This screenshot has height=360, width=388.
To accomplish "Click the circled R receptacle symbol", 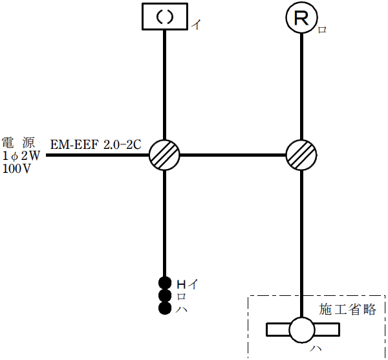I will tap(301, 19).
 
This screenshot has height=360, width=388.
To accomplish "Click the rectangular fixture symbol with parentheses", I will tap(164, 17).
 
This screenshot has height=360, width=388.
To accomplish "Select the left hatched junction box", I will tap(164, 155).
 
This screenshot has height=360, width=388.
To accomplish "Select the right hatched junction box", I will tap(301, 155).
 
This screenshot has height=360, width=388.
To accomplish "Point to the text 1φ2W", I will tap(21, 157).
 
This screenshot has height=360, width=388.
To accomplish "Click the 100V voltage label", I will tap(17, 170).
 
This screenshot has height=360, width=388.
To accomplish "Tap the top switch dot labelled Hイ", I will tap(164, 283).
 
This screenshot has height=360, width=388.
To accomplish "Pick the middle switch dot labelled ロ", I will tap(164, 295).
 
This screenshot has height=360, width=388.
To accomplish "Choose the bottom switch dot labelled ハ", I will tap(164, 308).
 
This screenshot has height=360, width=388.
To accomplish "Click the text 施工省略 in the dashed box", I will tap(348, 309).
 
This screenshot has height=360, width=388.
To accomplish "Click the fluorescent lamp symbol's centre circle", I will tap(301, 330).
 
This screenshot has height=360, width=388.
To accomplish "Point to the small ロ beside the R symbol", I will tap(322, 30).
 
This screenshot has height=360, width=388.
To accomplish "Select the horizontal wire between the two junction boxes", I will tap(233, 155).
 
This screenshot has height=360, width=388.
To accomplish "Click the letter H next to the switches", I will tap(181, 283).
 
